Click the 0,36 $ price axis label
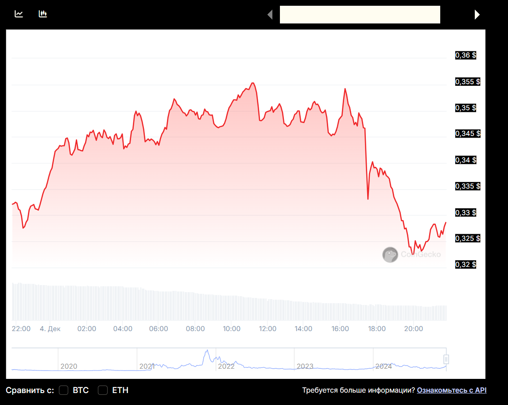click(465, 55)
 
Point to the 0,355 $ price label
click(467, 82)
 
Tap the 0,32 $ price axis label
click(465, 265)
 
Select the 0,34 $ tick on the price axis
click(465, 160)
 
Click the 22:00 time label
click(21, 329)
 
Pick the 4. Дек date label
click(50, 329)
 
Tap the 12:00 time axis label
click(268, 329)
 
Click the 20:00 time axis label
click(413, 329)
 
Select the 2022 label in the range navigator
click(226, 366)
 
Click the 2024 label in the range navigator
click(384, 366)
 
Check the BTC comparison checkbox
click(64, 390)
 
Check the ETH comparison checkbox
click(103, 390)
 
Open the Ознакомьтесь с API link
click(451, 390)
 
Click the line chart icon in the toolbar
click(19, 14)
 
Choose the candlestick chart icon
click(43, 14)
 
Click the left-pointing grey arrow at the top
click(270, 15)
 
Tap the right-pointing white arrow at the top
click(477, 15)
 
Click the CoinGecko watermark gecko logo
click(390, 255)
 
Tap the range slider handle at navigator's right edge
click(446, 359)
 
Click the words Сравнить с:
click(30, 390)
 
